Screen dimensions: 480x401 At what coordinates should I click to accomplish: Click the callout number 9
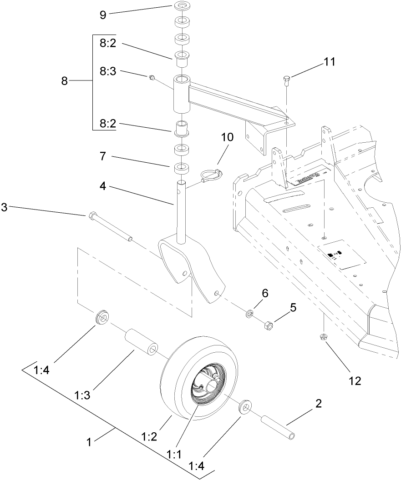tap(103, 15)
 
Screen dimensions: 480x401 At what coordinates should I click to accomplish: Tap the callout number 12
tap(355, 381)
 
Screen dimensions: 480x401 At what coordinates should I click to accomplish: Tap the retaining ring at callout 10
tap(210, 174)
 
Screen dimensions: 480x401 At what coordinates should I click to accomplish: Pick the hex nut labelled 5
tap(269, 325)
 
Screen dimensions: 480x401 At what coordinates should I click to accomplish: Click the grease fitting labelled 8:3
tap(152, 79)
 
